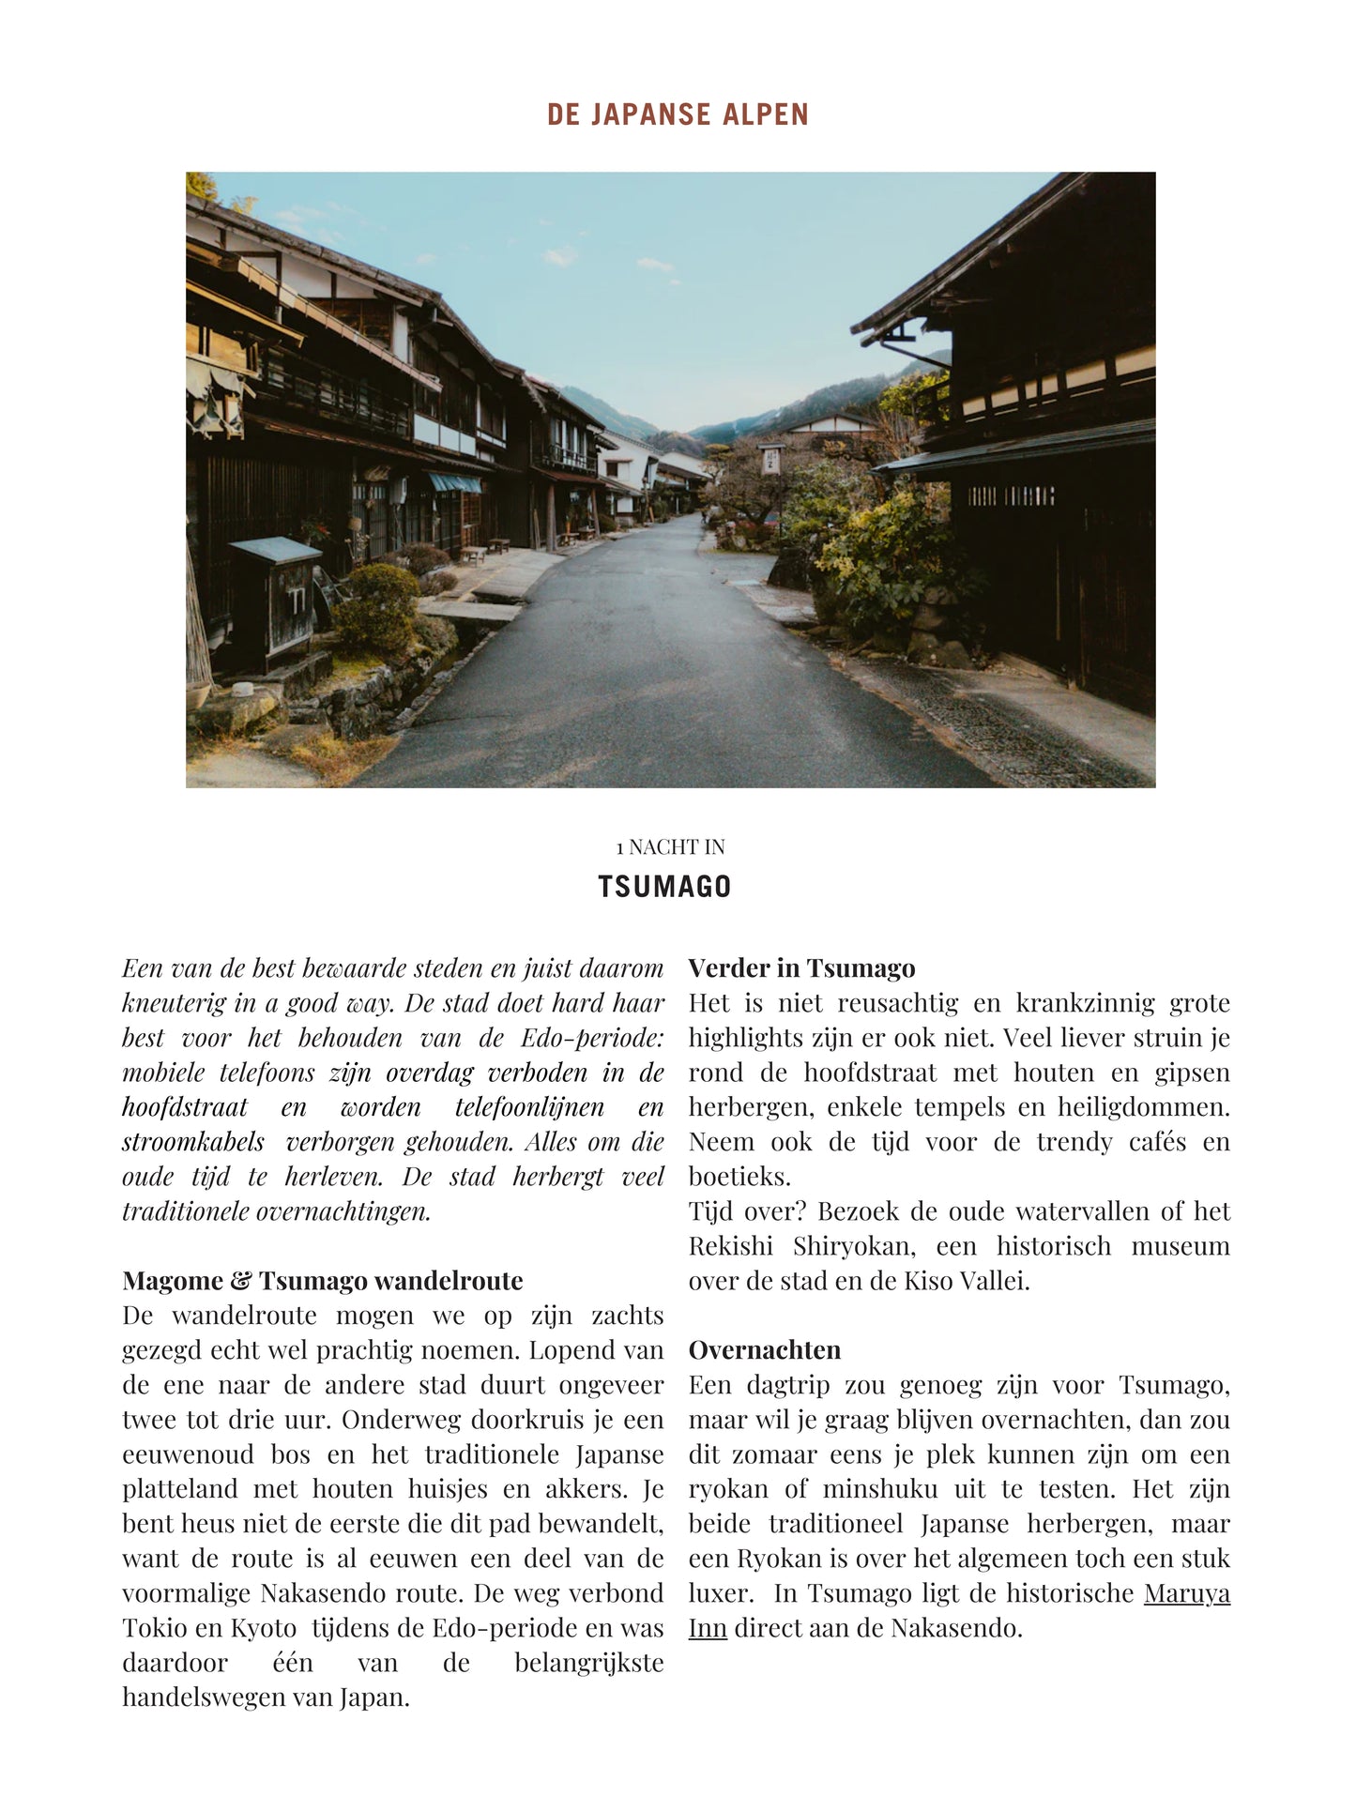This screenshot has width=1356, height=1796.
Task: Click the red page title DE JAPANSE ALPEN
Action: tap(678, 114)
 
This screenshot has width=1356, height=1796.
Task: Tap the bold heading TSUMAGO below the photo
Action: tap(664, 887)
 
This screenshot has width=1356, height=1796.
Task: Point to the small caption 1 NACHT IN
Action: tap(670, 847)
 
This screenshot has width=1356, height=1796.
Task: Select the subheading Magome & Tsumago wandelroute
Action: tap(323, 1281)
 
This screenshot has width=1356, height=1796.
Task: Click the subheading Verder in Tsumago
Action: tap(801, 968)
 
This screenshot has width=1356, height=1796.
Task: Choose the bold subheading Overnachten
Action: tap(765, 1350)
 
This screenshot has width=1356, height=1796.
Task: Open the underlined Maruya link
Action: tap(1186, 1593)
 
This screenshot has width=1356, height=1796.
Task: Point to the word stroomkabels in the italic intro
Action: tap(193, 1142)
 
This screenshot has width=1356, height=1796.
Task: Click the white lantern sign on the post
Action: tap(771, 460)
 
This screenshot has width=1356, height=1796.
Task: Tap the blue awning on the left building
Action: tap(455, 483)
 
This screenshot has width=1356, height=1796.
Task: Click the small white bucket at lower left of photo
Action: tap(241, 690)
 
